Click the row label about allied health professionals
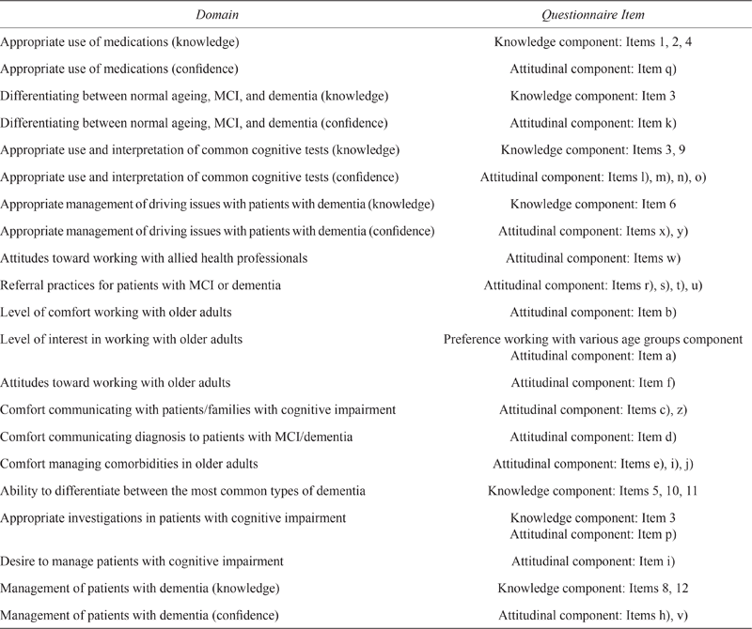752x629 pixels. click(x=141, y=257)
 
